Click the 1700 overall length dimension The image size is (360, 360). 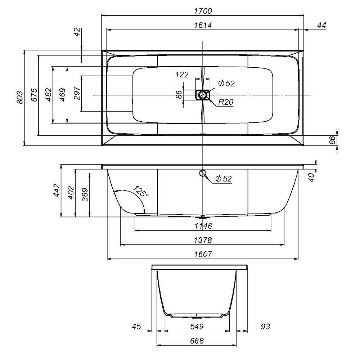203,11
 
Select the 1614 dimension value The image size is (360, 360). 203,25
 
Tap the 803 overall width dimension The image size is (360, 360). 20,97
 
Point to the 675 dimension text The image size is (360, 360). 34,95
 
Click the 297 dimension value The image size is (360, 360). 77,93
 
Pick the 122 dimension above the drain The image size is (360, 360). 182,75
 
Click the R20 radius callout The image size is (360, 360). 226,102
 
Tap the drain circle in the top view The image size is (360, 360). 202,95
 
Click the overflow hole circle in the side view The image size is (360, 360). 202,173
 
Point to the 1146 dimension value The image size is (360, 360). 203,226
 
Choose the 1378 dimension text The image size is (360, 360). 203,240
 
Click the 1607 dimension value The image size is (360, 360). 203,254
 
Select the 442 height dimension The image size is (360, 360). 57,190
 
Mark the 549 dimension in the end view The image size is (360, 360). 197,326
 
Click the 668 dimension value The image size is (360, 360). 197,341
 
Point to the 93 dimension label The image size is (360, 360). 265,326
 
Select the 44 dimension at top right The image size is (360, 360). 321,25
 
